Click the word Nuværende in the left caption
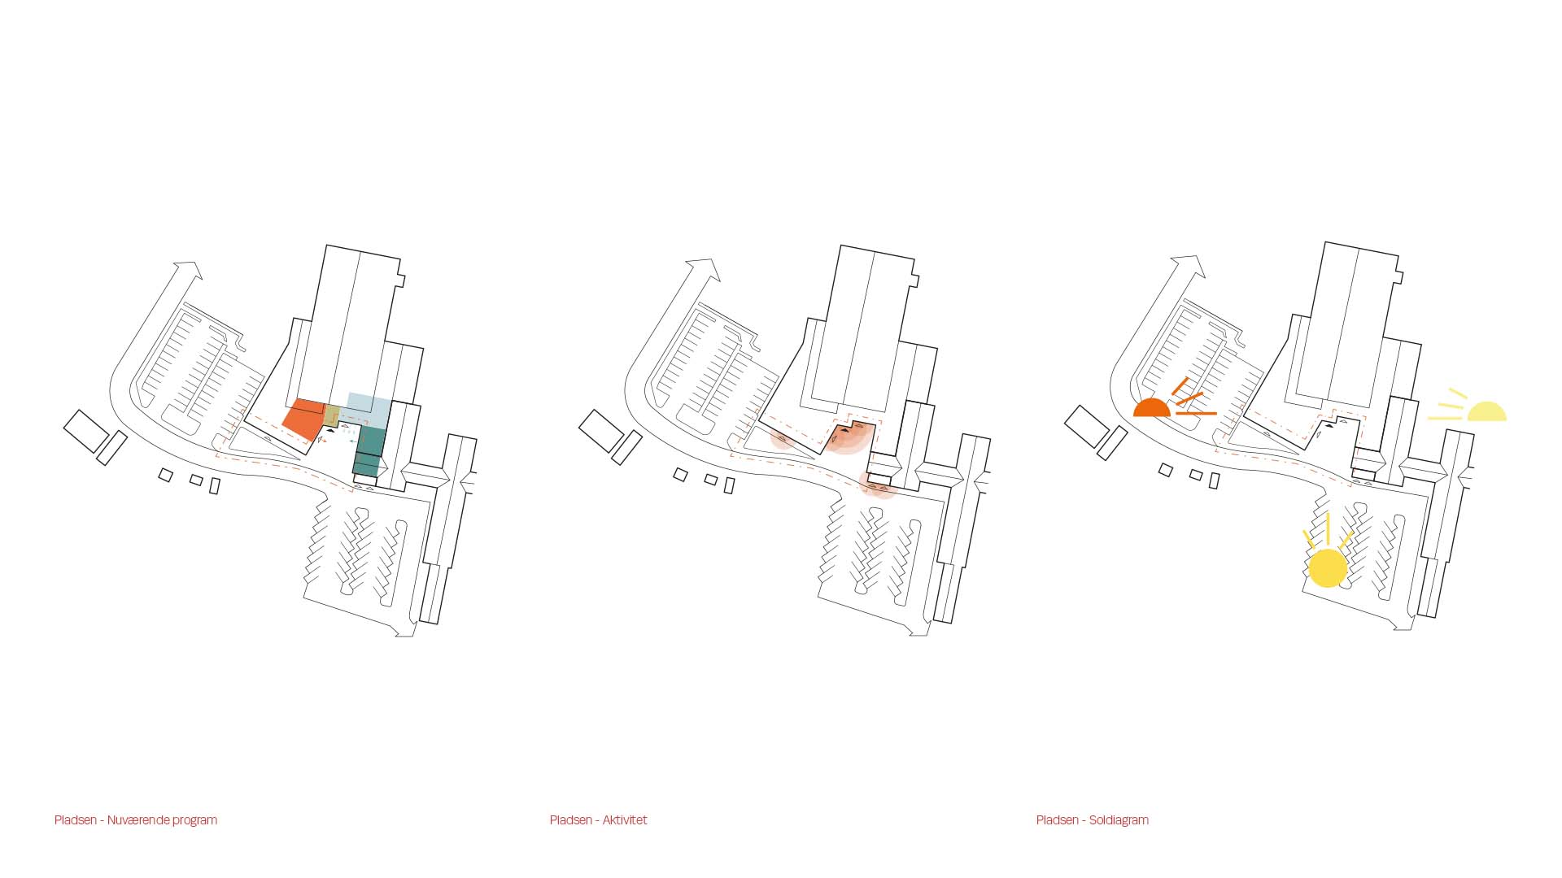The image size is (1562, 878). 139,820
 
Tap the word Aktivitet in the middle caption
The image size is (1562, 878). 625,820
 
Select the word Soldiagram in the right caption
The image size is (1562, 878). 1119,820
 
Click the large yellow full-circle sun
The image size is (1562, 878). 1328,568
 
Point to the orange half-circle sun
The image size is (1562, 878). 1152,409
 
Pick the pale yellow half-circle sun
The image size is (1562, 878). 1487,412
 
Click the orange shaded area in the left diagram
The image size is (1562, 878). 303,419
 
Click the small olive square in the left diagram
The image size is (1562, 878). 332,415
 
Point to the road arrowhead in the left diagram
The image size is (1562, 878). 189,269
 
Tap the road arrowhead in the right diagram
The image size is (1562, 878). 1190,265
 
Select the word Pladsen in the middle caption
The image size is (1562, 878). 571,820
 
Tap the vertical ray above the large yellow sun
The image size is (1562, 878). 1328,528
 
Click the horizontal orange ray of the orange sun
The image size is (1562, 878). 1196,414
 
